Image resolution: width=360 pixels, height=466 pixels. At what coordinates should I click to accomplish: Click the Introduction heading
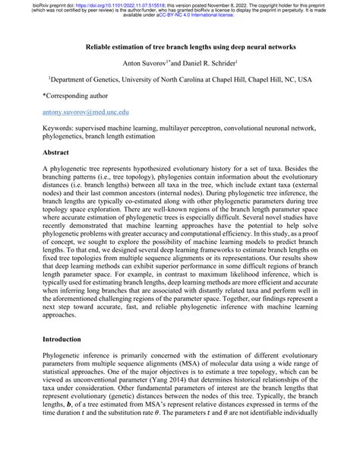click(66, 359)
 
